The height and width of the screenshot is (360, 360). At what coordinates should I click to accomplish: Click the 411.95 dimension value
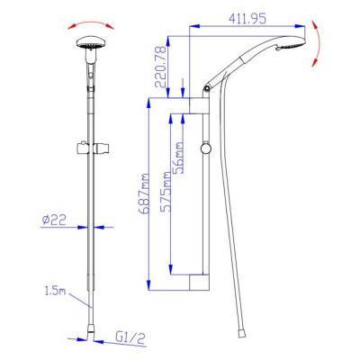[247, 19]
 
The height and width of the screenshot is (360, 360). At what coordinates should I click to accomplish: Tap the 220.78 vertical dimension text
[161, 67]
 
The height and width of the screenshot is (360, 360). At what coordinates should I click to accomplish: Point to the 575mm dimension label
[166, 192]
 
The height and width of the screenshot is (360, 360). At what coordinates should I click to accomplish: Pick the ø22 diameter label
[54, 220]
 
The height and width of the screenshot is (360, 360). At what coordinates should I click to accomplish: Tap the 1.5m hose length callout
[55, 291]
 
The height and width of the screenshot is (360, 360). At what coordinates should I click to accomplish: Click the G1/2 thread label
[130, 338]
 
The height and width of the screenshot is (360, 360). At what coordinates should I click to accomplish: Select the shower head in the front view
[90, 43]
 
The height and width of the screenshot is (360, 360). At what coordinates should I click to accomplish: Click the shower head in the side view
[291, 43]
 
